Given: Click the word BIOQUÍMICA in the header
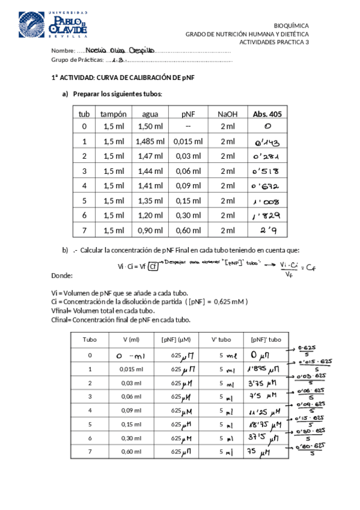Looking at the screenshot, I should pyautogui.click(x=291, y=26).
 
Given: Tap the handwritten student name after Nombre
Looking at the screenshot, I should pyautogui.click(x=120, y=51).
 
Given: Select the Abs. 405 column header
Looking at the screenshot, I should pyautogui.click(x=267, y=114).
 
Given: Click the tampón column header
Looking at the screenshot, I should pyautogui.click(x=113, y=114).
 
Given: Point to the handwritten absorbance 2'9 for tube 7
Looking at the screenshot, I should pyautogui.click(x=267, y=230).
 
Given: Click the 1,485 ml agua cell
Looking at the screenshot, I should pyautogui.click(x=150, y=141).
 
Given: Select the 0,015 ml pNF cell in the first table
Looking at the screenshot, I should pyautogui.click(x=188, y=141).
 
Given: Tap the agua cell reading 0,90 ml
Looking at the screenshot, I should pyautogui.click(x=150, y=230).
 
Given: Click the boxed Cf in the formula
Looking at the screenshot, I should pyautogui.click(x=154, y=265).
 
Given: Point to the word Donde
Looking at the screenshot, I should pyautogui.click(x=62, y=275).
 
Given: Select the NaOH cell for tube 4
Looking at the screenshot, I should pyautogui.click(x=228, y=185).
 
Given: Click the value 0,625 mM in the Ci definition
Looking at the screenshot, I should pyautogui.click(x=229, y=301).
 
